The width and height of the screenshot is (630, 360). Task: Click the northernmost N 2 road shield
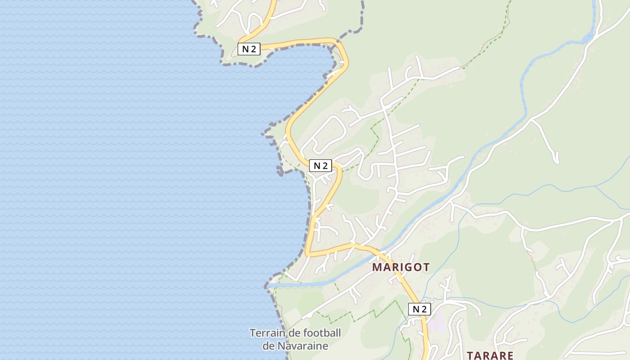tap(249, 49)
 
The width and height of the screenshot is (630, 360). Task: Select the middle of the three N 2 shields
tap(320, 166)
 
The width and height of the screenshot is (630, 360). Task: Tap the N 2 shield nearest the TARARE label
tap(419, 309)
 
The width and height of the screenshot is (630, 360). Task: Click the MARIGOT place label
tap(401, 267)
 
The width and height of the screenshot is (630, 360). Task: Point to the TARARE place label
tap(490, 355)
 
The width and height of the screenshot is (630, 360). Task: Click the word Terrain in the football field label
tap(265, 333)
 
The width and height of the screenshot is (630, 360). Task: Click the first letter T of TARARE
tap(471, 355)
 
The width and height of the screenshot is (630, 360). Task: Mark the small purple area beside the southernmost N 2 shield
tap(435, 323)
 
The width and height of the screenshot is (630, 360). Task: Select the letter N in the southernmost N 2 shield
tap(415, 309)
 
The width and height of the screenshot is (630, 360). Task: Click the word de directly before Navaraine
tap(268, 346)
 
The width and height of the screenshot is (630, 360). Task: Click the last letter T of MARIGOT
tap(426, 267)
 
